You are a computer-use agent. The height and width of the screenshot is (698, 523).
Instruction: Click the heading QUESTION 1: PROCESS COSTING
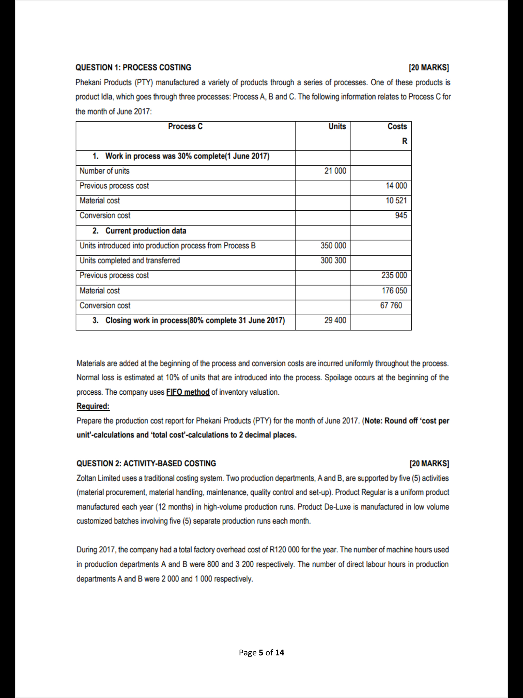pyautogui.click(x=133, y=67)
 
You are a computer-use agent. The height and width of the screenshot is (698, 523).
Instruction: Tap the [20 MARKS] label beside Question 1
pyautogui.click(x=428, y=67)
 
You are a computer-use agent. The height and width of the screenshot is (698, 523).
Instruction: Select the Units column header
pyautogui.click(x=337, y=126)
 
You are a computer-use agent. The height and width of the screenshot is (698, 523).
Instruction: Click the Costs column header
pyautogui.click(x=397, y=126)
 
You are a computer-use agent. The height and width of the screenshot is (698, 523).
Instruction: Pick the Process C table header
pyautogui.click(x=185, y=126)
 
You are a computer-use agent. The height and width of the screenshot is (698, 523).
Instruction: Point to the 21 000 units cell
pyautogui.click(x=335, y=171)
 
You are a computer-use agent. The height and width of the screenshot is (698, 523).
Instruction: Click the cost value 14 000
pyautogui.click(x=396, y=186)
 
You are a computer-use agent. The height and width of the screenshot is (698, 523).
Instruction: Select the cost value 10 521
pyautogui.click(x=396, y=200)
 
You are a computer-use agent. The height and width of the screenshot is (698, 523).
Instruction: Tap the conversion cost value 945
pyautogui.click(x=401, y=215)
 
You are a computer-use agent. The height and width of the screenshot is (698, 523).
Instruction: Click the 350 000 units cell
pyautogui.click(x=333, y=246)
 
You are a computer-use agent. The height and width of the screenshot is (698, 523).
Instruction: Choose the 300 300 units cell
pyautogui.click(x=333, y=260)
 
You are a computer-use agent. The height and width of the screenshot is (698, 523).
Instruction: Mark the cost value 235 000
pyautogui.click(x=394, y=275)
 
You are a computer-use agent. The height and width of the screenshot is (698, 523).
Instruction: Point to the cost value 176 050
pyautogui.click(x=394, y=291)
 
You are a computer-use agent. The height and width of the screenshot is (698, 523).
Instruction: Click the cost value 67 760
pyautogui.click(x=391, y=305)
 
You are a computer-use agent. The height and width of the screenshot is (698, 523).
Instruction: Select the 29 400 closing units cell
pyautogui.click(x=335, y=320)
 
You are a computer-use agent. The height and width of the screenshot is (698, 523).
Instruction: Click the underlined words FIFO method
pyautogui.click(x=188, y=392)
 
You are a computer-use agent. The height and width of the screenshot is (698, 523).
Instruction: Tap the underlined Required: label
pyautogui.click(x=93, y=406)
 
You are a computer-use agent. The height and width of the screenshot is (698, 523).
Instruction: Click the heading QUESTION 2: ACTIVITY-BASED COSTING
pyautogui.click(x=146, y=464)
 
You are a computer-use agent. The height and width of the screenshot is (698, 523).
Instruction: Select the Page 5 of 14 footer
pyautogui.click(x=261, y=653)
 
